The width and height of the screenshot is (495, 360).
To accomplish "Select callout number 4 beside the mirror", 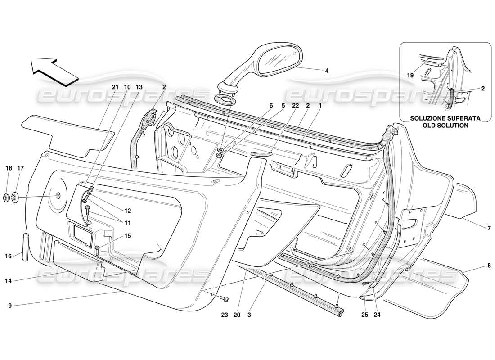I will tap(327, 70).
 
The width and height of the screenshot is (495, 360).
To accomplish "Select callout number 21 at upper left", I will tap(115, 86).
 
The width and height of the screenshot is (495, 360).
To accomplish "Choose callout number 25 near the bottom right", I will tap(365, 315).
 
